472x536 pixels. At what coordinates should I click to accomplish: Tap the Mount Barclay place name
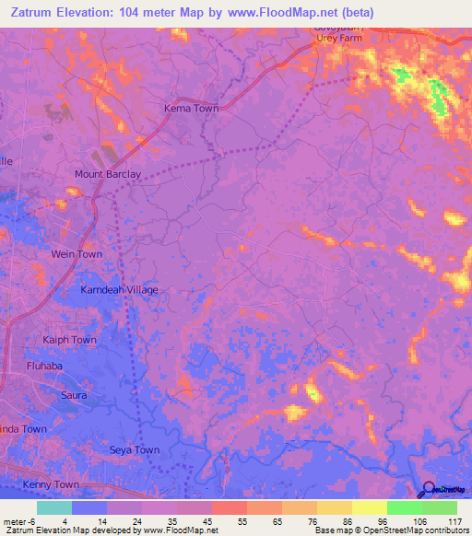click(108, 174)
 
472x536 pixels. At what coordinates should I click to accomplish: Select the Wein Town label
click(77, 254)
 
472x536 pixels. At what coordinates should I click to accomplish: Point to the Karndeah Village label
click(119, 290)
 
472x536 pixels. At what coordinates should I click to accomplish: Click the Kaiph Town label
click(69, 340)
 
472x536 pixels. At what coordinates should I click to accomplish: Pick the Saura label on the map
click(74, 395)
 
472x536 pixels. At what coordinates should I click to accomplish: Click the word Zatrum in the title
click(32, 12)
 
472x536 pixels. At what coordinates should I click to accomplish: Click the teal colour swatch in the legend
click(54, 507)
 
